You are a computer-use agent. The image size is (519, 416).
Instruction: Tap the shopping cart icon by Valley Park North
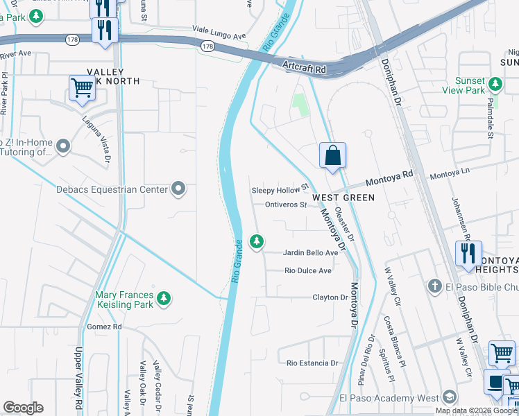tap(82, 88)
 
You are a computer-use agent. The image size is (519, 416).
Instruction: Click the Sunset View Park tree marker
tap(495, 85)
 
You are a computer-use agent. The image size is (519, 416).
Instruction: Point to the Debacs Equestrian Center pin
tap(178, 189)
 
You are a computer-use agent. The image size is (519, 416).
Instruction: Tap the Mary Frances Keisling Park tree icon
tap(164, 298)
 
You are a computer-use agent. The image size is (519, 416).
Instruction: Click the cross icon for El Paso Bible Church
tap(434, 286)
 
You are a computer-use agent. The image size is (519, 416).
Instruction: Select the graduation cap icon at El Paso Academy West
tap(449, 398)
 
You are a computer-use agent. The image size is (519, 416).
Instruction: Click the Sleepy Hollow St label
tap(279, 189)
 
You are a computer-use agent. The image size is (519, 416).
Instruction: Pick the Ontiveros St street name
tap(285, 205)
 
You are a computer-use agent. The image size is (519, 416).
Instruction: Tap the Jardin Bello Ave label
tap(310, 253)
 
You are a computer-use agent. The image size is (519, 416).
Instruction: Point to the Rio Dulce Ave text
tap(308, 270)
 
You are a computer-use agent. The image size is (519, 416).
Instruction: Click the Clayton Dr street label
tap(330, 297)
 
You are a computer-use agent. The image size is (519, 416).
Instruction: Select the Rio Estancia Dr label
tap(312, 363)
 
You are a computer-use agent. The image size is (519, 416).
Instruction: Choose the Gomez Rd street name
tap(104, 327)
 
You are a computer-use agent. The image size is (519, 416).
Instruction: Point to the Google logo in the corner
tap(23, 408)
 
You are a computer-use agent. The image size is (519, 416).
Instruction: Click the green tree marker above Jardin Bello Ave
tap(257, 241)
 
